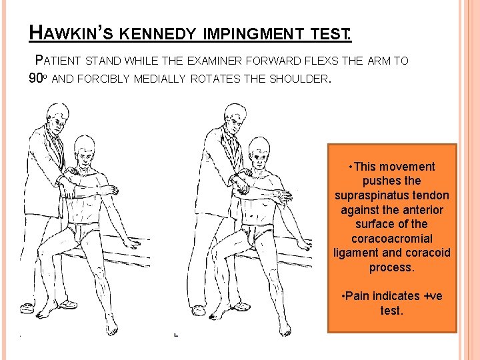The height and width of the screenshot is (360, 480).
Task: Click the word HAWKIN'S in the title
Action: [x=71, y=33]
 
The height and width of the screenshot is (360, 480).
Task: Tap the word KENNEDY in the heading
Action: [x=157, y=34]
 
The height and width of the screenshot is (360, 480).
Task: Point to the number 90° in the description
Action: [x=37, y=79]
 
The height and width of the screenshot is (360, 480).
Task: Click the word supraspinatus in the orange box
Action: [x=392, y=196]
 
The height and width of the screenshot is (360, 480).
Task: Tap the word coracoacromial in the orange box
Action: [x=392, y=239]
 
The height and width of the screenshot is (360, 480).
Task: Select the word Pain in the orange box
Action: [x=357, y=296]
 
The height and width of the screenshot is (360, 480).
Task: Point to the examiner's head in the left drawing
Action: [x=57, y=118]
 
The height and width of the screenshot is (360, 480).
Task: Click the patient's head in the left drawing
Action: [x=84, y=151]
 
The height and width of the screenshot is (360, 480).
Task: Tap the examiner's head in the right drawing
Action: [x=235, y=118]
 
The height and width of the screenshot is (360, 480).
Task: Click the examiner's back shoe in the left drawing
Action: [x=27, y=307]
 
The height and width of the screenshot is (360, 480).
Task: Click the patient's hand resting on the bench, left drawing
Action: [x=131, y=243]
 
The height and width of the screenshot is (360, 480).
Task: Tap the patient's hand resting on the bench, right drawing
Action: [x=304, y=245]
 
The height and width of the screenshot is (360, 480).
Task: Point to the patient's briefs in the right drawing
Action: [x=257, y=233]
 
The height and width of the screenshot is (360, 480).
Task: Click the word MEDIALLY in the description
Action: [x=160, y=79]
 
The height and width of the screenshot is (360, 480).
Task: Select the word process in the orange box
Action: [x=392, y=268]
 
